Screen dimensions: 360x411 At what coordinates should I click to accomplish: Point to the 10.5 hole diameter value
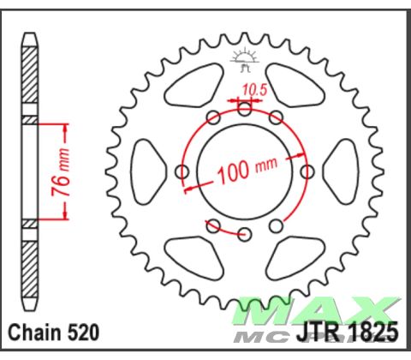tap(253, 88)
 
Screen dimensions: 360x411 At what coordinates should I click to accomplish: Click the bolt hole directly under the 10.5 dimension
tap(245, 109)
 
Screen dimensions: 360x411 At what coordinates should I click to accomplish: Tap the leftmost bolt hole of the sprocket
tap(182, 171)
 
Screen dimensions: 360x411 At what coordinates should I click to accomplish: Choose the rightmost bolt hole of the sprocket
tap(307, 171)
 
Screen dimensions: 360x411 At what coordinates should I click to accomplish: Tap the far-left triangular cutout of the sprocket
tap(145, 171)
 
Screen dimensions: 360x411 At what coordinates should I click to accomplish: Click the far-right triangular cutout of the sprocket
tap(344, 171)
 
